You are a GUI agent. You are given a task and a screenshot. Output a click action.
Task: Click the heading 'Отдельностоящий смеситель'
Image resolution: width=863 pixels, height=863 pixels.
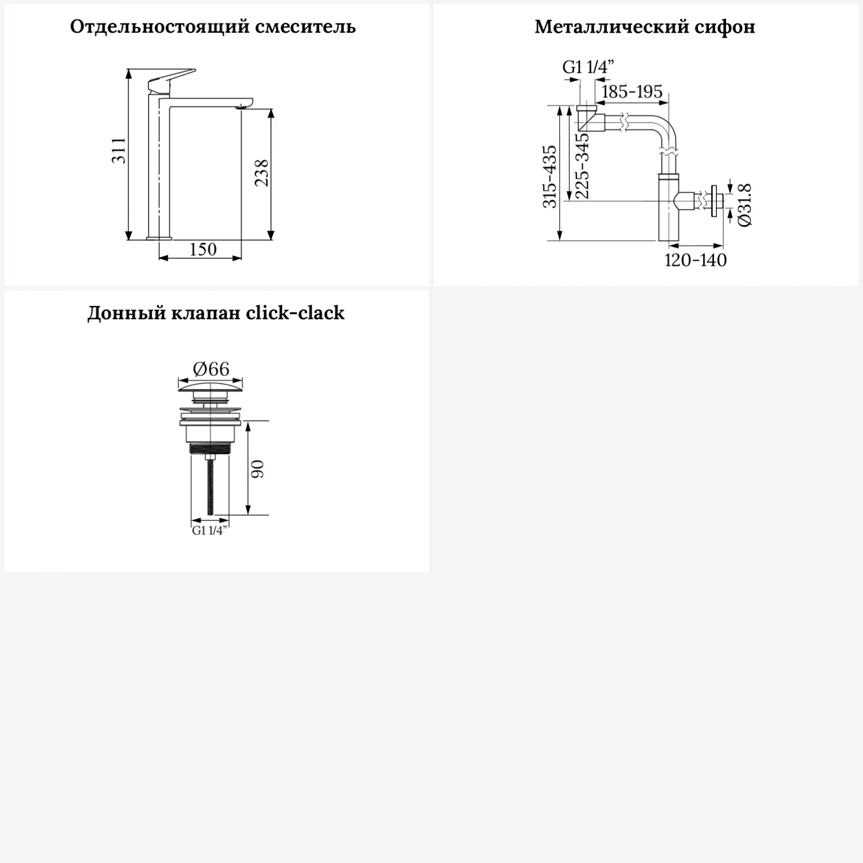pyautogui.click(x=213, y=27)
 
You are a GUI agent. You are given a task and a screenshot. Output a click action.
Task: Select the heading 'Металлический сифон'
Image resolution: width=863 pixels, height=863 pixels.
pyautogui.click(x=644, y=27)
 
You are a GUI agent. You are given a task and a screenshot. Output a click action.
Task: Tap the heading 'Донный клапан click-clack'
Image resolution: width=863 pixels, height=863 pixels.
pyautogui.click(x=216, y=313)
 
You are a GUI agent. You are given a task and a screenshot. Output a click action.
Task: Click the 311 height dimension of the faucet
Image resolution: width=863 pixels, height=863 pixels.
pyautogui.click(x=119, y=151)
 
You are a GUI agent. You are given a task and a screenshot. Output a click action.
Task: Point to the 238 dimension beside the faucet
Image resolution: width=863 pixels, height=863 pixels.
pyautogui.click(x=262, y=173)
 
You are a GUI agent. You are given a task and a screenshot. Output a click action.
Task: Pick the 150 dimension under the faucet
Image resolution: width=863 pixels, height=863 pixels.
pyautogui.click(x=203, y=249)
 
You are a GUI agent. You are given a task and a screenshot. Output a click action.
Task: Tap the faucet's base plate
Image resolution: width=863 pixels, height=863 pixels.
pyautogui.click(x=159, y=237)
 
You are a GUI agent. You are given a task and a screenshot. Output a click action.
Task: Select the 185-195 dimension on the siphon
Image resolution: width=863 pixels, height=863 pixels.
pyautogui.click(x=632, y=91)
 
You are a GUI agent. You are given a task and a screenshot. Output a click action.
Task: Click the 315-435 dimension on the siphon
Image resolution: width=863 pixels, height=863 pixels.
pyautogui.click(x=550, y=177)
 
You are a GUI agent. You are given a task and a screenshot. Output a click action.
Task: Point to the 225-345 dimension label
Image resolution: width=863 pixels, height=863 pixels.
pyautogui.click(x=582, y=166)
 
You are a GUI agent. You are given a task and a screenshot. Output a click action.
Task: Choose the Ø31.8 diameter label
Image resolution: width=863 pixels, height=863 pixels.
pyautogui.click(x=744, y=205)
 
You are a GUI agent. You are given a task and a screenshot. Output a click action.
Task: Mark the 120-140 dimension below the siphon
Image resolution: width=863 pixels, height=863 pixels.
pyautogui.click(x=695, y=260)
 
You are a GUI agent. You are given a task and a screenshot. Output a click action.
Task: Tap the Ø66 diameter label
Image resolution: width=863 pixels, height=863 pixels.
pyautogui.click(x=211, y=368)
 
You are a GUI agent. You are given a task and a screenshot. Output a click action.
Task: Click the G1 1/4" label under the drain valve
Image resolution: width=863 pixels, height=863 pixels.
pyautogui.click(x=209, y=530)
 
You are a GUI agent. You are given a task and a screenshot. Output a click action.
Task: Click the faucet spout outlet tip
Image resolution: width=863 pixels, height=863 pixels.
pyautogui.click(x=245, y=106)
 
